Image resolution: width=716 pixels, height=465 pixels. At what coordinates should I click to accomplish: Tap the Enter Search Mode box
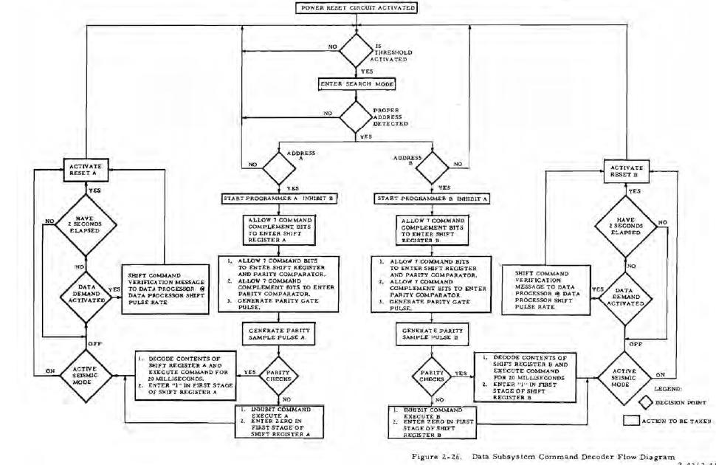tap(359, 84)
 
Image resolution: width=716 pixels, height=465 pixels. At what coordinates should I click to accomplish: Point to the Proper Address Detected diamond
tap(359, 116)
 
